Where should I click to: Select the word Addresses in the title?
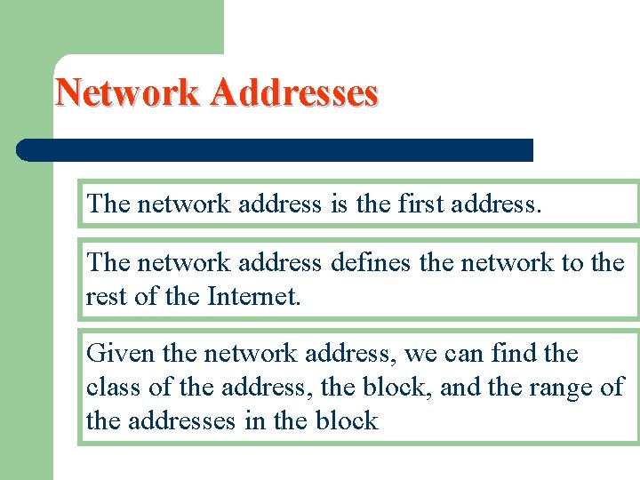point(295,92)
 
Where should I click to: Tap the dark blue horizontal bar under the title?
point(276,149)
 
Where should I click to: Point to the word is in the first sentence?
point(338,204)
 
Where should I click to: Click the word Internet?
point(254,295)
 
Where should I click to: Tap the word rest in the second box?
point(106,295)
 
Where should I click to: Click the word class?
point(112,388)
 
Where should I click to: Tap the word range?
point(560,388)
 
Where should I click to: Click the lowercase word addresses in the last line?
point(185,420)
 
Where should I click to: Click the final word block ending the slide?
point(346,420)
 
